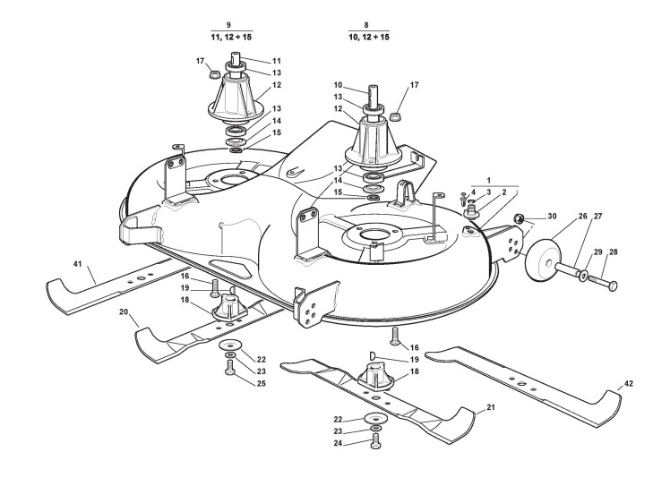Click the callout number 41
[77, 264]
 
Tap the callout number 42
[629, 384]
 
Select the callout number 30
[552, 217]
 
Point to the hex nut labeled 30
[519, 218]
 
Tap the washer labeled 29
[584, 276]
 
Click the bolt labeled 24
[374, 441]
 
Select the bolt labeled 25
[229, 368]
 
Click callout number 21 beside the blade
[492, 407]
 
